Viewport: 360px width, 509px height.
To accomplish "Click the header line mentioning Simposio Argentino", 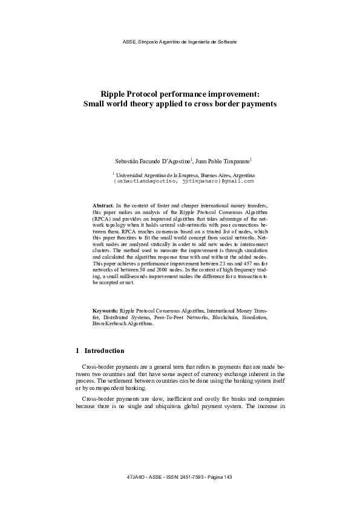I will point(180,42).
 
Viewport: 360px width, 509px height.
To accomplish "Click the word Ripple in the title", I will point(113,94).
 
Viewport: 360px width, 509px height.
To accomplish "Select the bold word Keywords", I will point(105,310).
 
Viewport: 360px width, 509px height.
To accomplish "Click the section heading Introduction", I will point(104,351).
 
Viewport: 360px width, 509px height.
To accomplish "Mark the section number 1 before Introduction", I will point(77,351).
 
